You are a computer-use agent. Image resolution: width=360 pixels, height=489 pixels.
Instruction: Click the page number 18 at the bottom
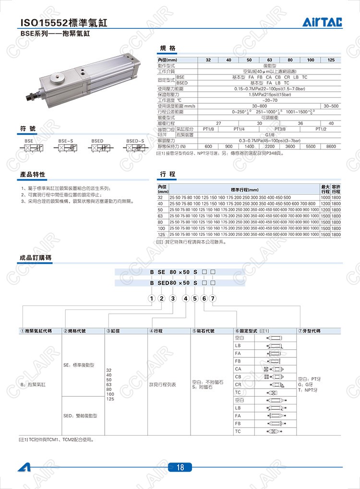[180, 467]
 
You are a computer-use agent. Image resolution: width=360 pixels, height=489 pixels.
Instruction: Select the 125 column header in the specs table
[331, 60]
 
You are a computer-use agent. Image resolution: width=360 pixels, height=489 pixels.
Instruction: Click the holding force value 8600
[331, 146]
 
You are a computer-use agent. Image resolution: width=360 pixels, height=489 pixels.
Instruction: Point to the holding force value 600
[208, 146]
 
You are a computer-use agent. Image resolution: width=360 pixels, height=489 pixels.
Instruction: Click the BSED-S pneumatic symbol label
[135, 141]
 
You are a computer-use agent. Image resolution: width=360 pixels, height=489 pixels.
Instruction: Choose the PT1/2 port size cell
[321, 129]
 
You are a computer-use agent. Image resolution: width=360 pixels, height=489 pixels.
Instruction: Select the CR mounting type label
[238, 384]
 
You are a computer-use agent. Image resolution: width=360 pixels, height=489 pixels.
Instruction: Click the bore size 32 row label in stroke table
[160, 197]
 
